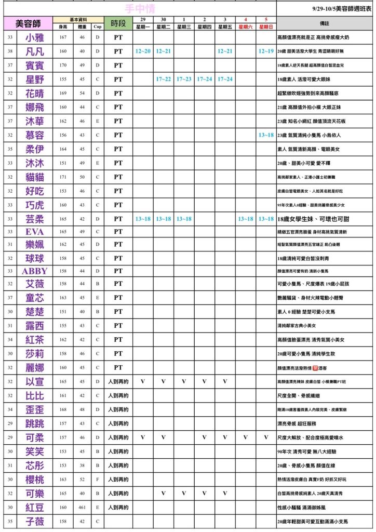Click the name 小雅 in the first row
point(35,37)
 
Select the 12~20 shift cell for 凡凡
point(143,51)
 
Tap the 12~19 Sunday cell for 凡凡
point(266,51)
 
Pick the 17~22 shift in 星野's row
point(163,79)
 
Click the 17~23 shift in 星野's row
point(184,79)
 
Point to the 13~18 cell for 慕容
point(266,135)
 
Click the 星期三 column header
point(184,26)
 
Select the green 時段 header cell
point(118,23)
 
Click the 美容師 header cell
point(35,23)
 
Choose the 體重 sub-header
point(82,26)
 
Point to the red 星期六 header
point(245,26)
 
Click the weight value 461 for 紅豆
point(82,507)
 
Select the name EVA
point(35,232)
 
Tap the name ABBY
point(35,271)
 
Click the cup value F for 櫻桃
point(97,480)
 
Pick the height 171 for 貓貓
point(63,177)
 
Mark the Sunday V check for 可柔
point(266,437)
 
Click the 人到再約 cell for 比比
point(118,396)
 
